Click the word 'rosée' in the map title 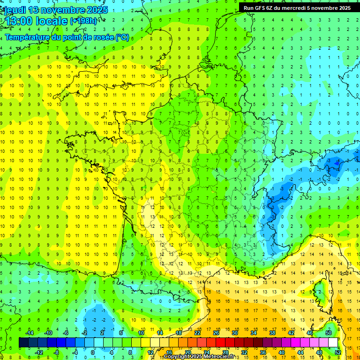point(103,37)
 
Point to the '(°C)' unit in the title point(122,37)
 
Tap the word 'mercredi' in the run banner point(293,8)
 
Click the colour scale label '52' point(337,352)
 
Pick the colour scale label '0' point(92,352)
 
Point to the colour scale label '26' point(216,333)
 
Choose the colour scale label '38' point(272,333)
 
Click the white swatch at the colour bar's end point(333,343)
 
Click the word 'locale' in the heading point(51,21)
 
